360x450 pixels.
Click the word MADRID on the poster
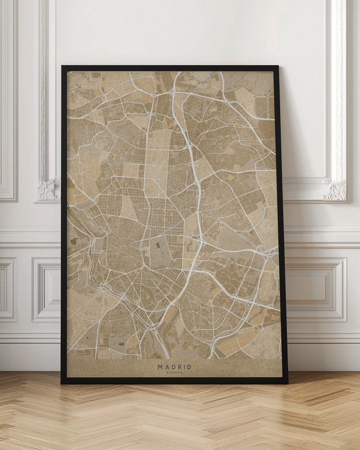pos(174,367)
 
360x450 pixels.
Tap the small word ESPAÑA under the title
pos(174,373)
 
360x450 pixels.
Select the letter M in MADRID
pos(160,367)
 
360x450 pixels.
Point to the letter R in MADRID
pos(179,367)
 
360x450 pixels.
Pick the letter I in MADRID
pos(184,367)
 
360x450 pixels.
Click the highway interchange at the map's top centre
pos(173,92)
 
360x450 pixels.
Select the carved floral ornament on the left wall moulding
pos(49,189)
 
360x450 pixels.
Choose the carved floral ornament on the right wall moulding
pos(335,189)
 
